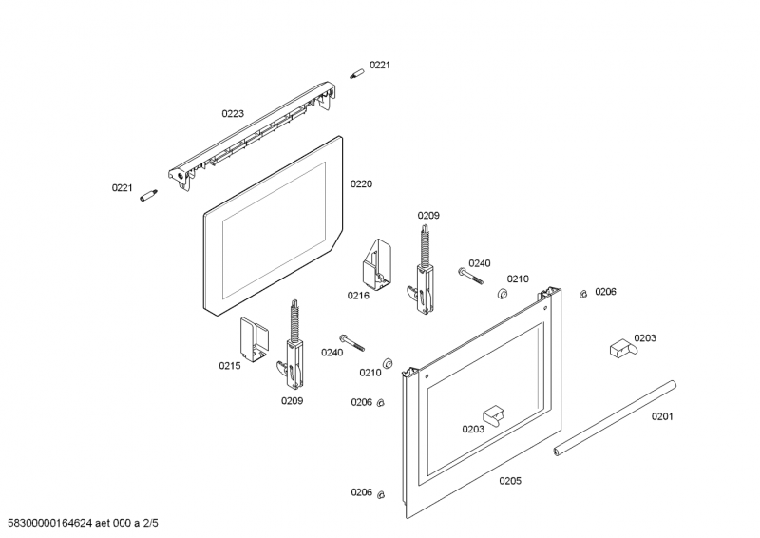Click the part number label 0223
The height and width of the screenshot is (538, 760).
[233, 114]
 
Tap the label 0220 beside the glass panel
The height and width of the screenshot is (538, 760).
[361, 183]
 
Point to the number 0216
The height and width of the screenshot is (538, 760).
[358, 296]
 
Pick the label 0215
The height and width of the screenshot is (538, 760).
[230, 365]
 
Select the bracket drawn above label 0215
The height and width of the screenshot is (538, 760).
[254, 336]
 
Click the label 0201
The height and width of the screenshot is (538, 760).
[661, 416]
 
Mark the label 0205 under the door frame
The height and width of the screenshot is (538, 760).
[510, 481]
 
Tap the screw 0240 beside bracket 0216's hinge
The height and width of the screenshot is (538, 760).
[470, 275]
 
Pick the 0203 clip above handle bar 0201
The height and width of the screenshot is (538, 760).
[620, 348]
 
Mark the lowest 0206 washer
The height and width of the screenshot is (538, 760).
[381, 493]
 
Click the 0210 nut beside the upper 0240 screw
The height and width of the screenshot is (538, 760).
[503, 294]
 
